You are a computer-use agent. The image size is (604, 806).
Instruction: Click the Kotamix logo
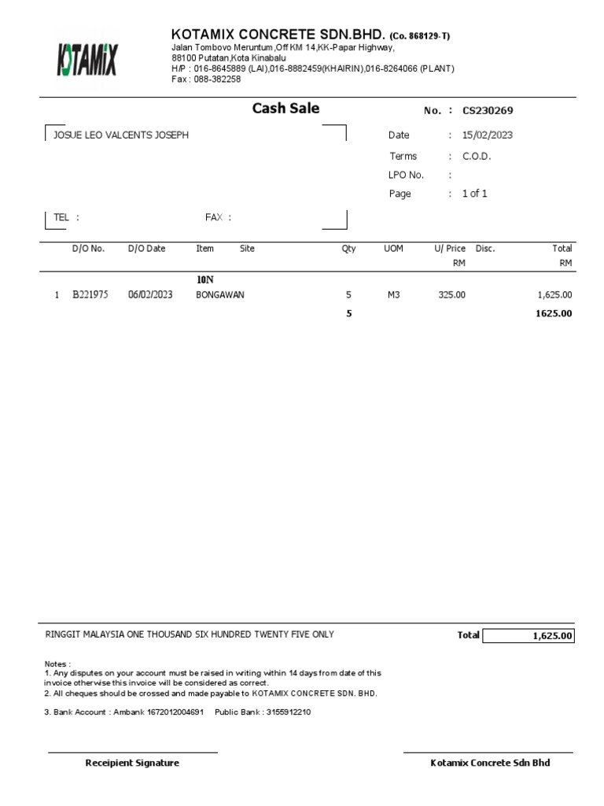pyautogui.click(x=87, y=60)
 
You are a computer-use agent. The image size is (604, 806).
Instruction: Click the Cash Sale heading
pyautogui.click(x=285, y=109)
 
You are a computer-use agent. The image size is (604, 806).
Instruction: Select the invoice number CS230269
pyautogui.click(x=488, y=111)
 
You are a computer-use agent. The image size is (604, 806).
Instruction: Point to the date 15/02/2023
pyautogui.click(x=488, y=135)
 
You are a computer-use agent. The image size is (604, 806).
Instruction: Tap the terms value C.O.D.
pyautogui.click(x=477, y=156)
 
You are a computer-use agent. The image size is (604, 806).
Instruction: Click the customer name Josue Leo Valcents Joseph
pyautogui.click(x=121, y=135)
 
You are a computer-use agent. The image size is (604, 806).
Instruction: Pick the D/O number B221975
pyautogui.click(x=90, y=295)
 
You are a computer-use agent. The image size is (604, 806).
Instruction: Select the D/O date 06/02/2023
pyautogui.click(x=150, y=295)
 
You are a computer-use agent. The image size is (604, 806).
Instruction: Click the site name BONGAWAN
pyautogui.click(x=220, y=295)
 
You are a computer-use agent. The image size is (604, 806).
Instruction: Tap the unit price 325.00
pyautogui.click(x=451, y=295)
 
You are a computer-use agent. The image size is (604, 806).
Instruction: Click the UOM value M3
pyautogui.click(x=394, y=295)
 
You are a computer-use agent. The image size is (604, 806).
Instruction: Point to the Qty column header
pyautogui.click(x=348, y=249)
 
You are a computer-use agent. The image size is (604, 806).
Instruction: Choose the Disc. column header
pyautogui.click(x=485, y=249)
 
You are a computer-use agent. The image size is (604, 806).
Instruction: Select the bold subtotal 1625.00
pyautogui.click(x=554, y=313)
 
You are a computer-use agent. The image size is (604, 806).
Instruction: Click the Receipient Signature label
pyautogui.click(x=132, y=763)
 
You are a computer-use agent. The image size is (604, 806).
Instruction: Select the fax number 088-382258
pyautogui.click(x=217, y=79)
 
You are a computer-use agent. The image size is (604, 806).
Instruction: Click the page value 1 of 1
pyautogui.click(x=475, y=194)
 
